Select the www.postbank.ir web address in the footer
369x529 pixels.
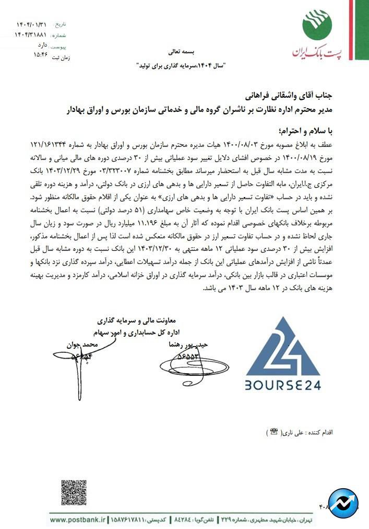point(78,521)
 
